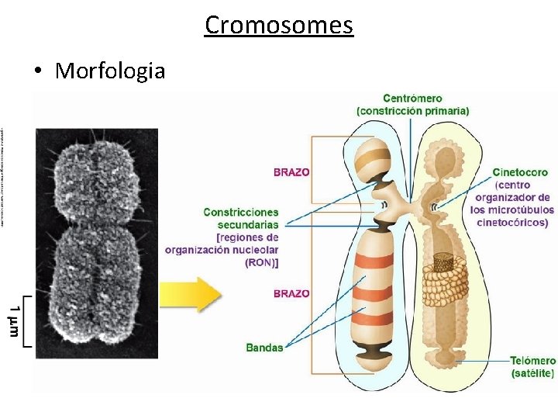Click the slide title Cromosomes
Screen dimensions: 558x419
279,25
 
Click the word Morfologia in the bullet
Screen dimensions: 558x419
110,71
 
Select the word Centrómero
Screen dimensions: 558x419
412,99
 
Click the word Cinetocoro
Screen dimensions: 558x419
520,172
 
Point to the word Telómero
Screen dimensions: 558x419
532,361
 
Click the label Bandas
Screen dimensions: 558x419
264,348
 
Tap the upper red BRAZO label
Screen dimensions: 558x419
291,172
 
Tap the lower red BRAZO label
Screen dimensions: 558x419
291,294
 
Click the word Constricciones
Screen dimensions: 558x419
240,212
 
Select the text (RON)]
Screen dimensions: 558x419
262,262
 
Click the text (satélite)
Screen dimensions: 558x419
532,373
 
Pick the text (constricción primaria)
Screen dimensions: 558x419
412,111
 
